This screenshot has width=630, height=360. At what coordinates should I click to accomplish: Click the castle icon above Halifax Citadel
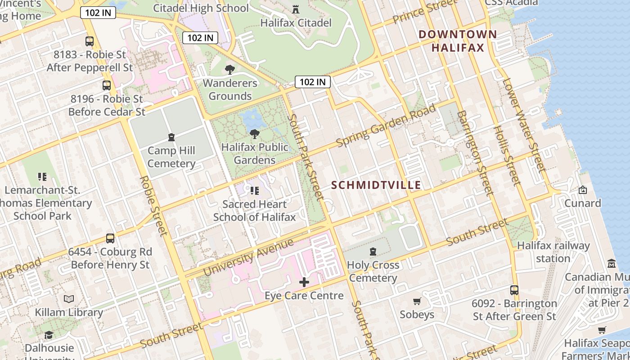pyautogui.click(x=296, y=9)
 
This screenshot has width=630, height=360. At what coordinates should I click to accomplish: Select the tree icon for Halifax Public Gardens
pyautogui.click(x=254, y=134)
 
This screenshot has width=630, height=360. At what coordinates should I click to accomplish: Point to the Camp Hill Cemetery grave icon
pyautogui.click(x=171, y=137)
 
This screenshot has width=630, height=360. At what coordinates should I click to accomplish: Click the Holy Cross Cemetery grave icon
pyautogui.click(x=373, y=252)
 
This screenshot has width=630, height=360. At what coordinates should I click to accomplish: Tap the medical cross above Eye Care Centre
pyautogui.click(x=304, y=282)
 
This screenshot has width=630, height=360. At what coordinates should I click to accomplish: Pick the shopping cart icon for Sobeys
pyautogui.click(x=417, y=301)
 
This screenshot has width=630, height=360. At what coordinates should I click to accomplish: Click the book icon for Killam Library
pyautogui.click(x=69, y=299)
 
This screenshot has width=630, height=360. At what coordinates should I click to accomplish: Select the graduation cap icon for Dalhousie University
pyautogui.click(x=49, y=335)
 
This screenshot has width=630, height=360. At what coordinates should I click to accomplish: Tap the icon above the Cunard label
pyautogui.click(x=583, y=190)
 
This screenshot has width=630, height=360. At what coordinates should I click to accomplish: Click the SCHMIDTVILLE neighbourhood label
pyautogui.click(x=376, y=185)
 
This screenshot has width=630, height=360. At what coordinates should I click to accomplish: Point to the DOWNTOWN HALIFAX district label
pyautogui.click(x=458, y=41)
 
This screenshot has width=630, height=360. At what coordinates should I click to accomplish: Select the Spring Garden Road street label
pyautogui.click(x=386, y=126)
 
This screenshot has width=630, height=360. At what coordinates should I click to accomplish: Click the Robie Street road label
pyautogui.click(x=153, y=206)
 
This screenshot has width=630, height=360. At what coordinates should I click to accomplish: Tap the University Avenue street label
pyautogui.click(x=248, y=257)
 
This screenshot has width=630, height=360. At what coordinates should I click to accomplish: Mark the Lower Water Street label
pyautogui.click(x=524, y=126)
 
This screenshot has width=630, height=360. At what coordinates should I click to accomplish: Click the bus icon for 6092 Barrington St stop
pyautogui.click(x=514, y=290)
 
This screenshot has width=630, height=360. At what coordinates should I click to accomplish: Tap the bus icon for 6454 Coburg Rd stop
pyautogui.click(x=110, y=238)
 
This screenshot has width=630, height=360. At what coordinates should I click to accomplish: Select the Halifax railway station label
pyautogui.click(x=553, y=252)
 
